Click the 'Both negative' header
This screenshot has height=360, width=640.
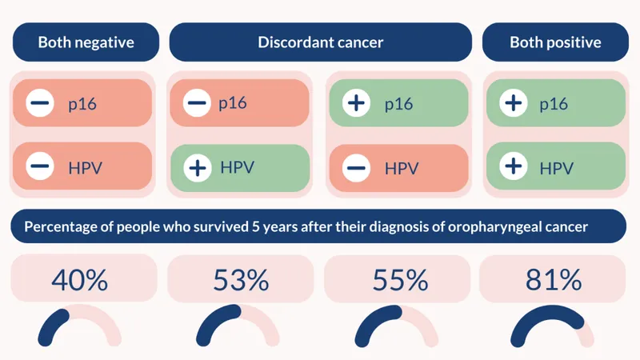click(86, 42)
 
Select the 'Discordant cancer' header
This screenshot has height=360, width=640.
click(320, 42)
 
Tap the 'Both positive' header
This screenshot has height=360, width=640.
click(555, 42)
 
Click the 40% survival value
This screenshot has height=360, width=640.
click(79, 280)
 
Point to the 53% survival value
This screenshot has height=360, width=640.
click(240, 280)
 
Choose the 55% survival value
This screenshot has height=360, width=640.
click(400, 280)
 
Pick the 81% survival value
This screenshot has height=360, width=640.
click(553, 280)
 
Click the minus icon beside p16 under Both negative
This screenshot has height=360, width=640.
click(40, 103)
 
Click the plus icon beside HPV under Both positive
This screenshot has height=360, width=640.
click(513, 166)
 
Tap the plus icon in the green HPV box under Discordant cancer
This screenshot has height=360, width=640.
click(197, 168)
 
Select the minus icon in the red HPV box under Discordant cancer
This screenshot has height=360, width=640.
click(356, 168)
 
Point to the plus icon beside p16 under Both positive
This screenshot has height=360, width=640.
click(513, 103)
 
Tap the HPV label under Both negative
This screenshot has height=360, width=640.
click(85, 168)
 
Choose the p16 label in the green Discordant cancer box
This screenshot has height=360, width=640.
click(398, 104)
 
